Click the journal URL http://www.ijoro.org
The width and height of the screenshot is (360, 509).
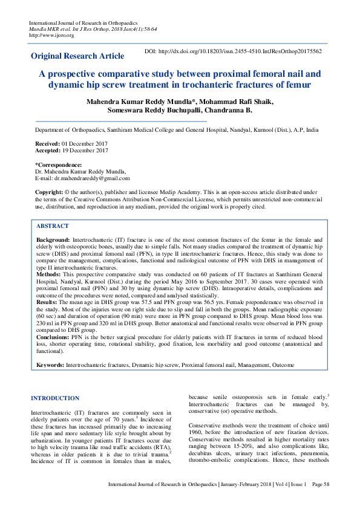pyautogui.click(x=51, y=35)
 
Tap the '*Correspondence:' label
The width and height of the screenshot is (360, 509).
pyautogui.click(x=59, y=165)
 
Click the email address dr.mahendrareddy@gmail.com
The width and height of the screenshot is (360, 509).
pyautogui.click(x=91, y=178)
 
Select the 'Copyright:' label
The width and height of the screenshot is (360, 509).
pyautogui.click(x=49, y=192)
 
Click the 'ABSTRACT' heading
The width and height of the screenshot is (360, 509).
pyautogui.click(x=52, y=225)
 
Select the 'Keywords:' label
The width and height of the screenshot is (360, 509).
pyautogui.click(x=50, y=365)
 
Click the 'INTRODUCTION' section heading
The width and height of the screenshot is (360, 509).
pyautogui.click(x=54, y=398)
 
